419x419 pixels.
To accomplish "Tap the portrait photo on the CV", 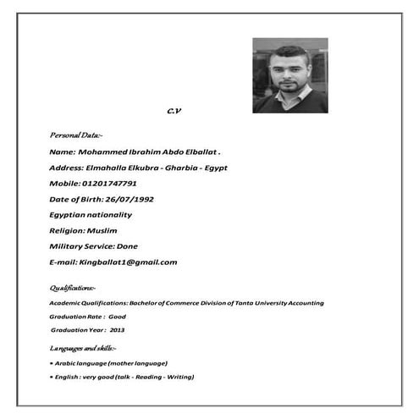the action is [289, 75].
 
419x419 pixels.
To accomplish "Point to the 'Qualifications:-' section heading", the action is [73, 288].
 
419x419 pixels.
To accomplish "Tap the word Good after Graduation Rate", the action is [117, 316].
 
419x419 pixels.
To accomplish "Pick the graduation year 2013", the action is [117, 329].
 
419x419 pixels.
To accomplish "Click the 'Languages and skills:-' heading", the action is [83, 348].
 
